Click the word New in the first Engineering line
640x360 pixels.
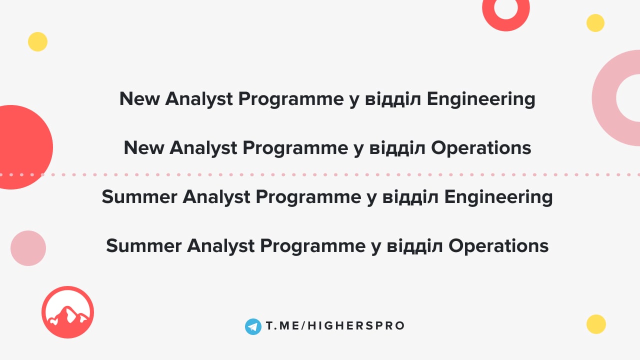[139, 99]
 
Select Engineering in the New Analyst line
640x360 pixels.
[481, 99]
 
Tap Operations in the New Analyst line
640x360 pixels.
[481, 148]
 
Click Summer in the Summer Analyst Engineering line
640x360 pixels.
[139, 197]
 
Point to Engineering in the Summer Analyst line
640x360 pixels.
[498, 197]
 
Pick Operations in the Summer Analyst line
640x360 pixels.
[498, 246]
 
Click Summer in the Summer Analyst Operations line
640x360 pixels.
[143, 245]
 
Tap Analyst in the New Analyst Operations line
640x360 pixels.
[203, 148]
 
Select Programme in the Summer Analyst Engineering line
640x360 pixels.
[308, 197]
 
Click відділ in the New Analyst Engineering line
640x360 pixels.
[393, 99]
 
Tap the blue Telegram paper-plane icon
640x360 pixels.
[253, 326]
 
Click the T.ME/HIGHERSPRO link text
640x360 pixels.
[335, 325]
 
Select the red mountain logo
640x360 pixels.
[67, 312]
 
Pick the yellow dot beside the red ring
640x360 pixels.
[595, 23]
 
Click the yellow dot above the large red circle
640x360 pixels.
[37, 41]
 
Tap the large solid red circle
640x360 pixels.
[17, 147]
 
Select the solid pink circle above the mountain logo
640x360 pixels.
[28, 248]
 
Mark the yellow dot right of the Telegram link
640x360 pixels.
[596, 324]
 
